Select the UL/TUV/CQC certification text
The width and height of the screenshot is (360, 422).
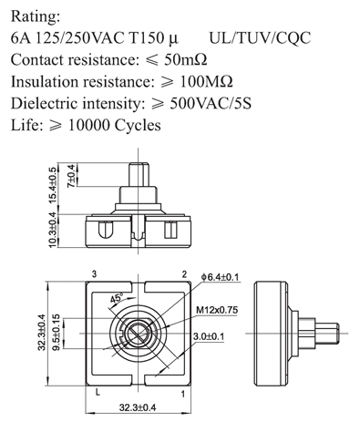(x=260, y=38)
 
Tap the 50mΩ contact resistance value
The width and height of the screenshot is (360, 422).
(x=186, y=59)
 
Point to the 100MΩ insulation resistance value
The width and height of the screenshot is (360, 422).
(x=207, y=81)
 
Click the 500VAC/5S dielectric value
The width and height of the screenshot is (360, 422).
(x=211, y=103)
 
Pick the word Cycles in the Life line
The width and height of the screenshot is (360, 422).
(x=138, y=125)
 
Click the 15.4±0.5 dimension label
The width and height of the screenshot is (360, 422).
(x=53, y=185)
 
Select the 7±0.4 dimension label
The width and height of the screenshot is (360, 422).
(x=71, y=176)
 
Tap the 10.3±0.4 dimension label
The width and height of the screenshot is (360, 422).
(x=53, y=230)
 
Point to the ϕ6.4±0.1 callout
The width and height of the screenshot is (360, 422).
(x=221, y=277)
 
